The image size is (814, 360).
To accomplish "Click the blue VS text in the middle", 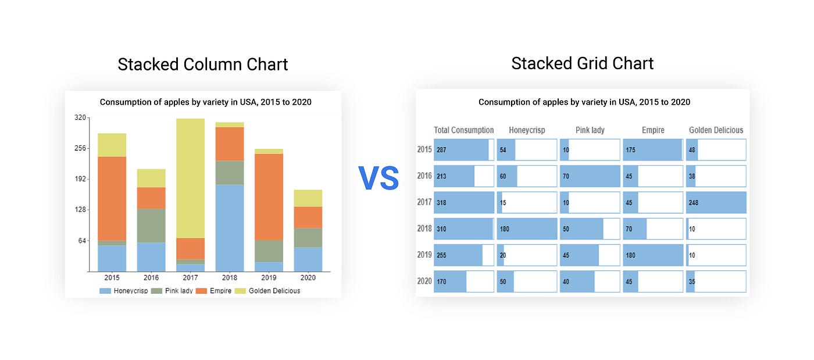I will (378, 179).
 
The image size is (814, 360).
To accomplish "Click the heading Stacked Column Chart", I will (202, 64).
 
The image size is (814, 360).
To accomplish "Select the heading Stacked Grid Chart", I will (582, 63).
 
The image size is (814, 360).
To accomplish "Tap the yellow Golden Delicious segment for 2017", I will (190, 177).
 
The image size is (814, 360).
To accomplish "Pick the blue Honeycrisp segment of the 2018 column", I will (230, 227).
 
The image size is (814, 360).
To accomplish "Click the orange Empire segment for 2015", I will (112, 198).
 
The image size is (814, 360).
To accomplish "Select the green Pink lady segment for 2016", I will (151, 225).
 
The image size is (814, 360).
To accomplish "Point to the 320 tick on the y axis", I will (80, 117).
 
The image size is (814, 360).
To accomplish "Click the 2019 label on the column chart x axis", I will (269, 279).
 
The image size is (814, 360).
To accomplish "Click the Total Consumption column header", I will (463, 130).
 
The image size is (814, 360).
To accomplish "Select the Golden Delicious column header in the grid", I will (716, 130).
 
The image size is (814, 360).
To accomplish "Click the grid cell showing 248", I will (716, 202).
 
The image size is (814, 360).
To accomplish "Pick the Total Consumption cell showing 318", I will (463, 202).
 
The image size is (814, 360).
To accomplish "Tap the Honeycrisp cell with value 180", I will (527, 229).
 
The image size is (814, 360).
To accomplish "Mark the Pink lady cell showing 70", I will (590, 176).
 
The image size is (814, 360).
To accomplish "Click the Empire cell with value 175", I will (652, 149).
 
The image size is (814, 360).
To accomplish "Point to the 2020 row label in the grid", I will (424, 281).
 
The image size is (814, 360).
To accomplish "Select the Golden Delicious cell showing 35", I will (716, 281).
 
